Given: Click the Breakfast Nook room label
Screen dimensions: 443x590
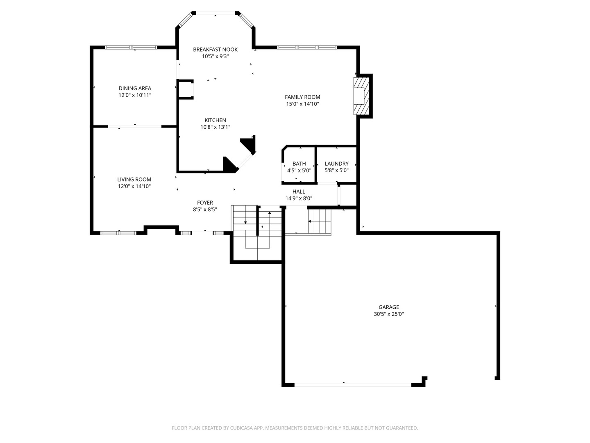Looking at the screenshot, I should pyautogui.click(x=215, y=50).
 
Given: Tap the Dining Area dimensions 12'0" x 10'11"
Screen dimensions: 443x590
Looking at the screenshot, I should pyautogui.click(x=135, y=95).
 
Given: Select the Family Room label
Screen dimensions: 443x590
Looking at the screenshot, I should pyautogui.click(x=302, y=97).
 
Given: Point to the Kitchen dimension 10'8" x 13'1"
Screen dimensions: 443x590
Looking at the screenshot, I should pyautogui.click(x=215, y=127).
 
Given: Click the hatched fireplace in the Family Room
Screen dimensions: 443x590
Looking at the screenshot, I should pyautogui.click(x=360, y=96).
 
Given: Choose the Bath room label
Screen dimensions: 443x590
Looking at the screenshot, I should pyautogui.click(x=299, y=164).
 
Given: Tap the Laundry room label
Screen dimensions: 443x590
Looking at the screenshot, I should pyautogui.click(x=336, y=164).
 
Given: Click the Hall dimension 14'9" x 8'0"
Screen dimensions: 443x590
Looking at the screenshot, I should pyautogui.click(x=299, y=199).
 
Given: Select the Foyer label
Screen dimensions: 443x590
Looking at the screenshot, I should pyautogui.click(x=205, y=203).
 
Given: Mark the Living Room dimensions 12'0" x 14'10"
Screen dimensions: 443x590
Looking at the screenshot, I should pyautogui.click(x=134, y=186).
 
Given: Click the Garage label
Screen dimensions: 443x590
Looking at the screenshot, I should pyautogui.click(x=388, y=307).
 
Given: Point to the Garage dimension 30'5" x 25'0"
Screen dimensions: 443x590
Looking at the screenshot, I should pyautogui.click(x=388, y=314).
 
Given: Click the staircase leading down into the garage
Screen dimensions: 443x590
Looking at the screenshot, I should pyautogui.click(x=319, y=221).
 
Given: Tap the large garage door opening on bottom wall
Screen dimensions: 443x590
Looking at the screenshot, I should pyautogui.click(x=353, y=385).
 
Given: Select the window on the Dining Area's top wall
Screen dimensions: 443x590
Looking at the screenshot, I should pyautogui.click(x=131, y=48).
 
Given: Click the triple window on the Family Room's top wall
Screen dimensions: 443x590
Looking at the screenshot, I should pyautogui.click(x=307, y=48).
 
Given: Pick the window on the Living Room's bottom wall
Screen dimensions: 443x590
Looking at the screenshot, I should pyautogui.click(x=118, y=233).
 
